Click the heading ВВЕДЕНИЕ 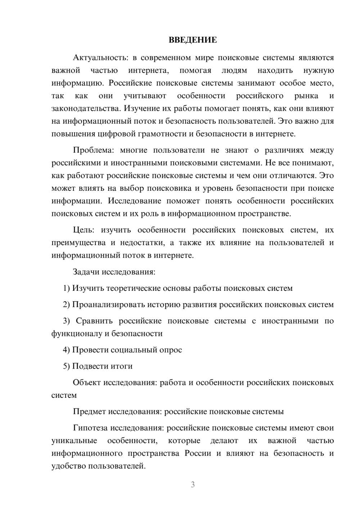coord(193,40)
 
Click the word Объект coord(87,382)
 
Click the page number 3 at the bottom coord(193,485)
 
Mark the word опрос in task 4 coord(170,350)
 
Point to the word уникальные coord(74,441)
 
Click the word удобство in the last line coord(69,467)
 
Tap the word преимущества coord(78,243)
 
